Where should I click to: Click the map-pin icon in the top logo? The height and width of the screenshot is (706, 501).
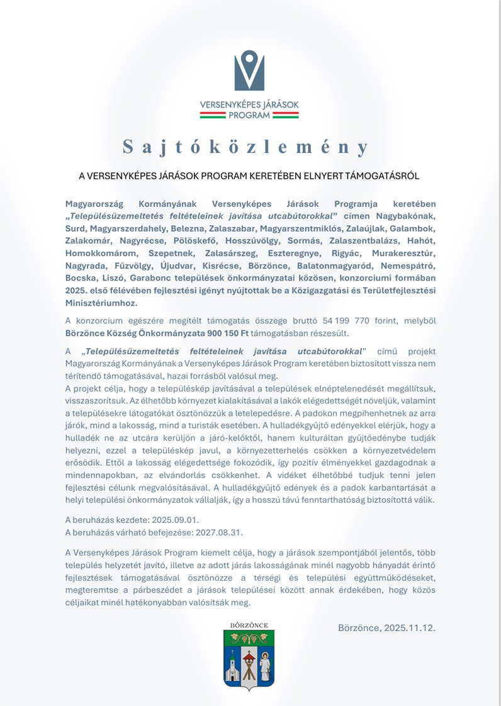[x=249, y=70]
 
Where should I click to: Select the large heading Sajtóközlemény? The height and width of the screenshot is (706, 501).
[x=245, y=147]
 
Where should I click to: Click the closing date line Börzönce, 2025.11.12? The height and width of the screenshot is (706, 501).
[x=386, y=628]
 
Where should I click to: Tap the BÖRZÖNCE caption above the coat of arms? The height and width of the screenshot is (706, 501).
[x=249, y=624]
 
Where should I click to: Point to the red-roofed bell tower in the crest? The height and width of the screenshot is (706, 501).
[x=249, y=661]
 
